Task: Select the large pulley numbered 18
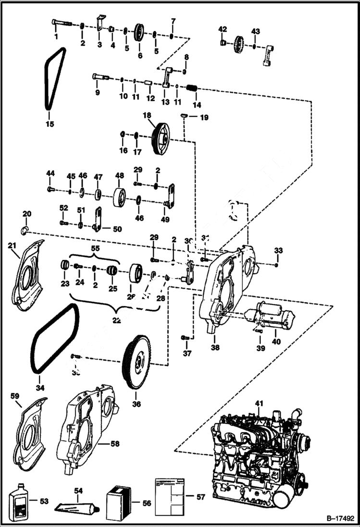160,138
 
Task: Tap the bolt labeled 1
61,23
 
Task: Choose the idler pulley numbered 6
140,34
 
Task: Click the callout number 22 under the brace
116,320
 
